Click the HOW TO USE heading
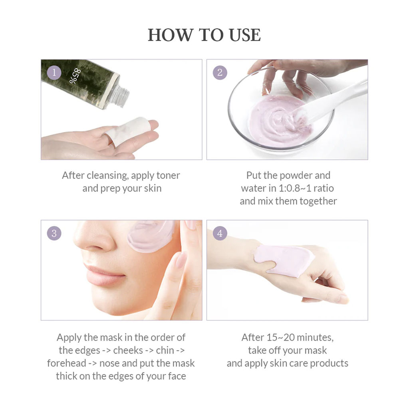[x=204, y=35]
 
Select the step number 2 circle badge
[x=220, y=72]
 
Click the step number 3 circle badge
[x=54, y=233]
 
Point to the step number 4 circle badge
[x=220, y=233]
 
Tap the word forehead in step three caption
[x=67, y=363]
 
